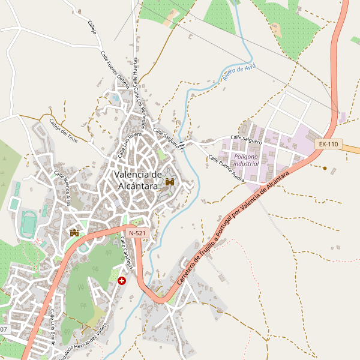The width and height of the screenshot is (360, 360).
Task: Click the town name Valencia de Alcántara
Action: (x=138, y=180)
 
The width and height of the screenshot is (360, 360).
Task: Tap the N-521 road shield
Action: (x=137, y=232)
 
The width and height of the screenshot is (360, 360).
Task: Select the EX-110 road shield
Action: (x=328, y=144)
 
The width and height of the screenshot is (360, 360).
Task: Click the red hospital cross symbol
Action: (x=122, y=280)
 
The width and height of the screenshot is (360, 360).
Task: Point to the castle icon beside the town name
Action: (x=170, y=181)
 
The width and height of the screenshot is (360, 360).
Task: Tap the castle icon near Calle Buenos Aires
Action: (x=75, y=232)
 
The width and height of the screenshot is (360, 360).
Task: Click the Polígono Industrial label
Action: (x=246, y=160)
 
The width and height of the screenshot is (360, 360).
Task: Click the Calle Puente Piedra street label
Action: (x=226, y=169)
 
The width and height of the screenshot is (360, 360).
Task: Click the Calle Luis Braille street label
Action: (x=53, y=328)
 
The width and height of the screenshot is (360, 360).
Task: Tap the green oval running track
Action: (x=28, y=224)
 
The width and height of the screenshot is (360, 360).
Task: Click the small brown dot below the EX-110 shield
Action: (x=325, y=168)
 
